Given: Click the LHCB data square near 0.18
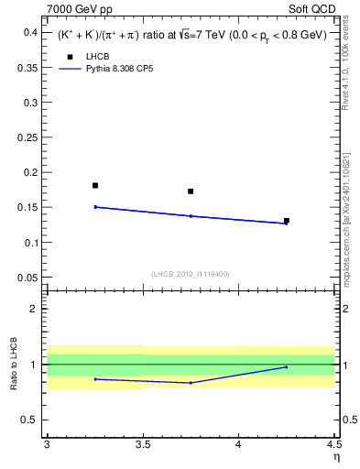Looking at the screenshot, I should point(95,185).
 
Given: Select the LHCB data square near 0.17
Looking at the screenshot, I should point(191,191).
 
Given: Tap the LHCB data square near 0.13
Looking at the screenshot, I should point(287,221).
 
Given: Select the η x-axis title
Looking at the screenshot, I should point(335,456).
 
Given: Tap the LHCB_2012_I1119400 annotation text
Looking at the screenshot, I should point(191,274).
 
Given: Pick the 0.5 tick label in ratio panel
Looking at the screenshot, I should point(30,420).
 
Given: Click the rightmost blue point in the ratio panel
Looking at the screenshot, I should point(287,367).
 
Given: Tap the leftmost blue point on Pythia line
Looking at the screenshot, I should point(95,207).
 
